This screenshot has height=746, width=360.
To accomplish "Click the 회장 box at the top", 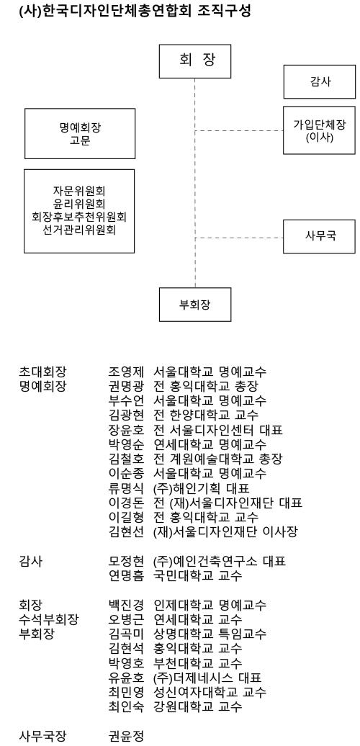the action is point(195,61).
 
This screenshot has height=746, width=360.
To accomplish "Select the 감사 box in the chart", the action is point(319,82).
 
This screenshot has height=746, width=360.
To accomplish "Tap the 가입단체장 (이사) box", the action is point(319,130).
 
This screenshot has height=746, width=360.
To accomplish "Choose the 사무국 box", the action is point(319,236).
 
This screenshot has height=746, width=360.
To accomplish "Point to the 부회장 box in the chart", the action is point(195,305).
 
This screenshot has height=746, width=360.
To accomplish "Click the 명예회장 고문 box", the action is point(80,134).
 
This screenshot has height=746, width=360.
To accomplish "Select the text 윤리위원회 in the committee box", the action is point(79,204).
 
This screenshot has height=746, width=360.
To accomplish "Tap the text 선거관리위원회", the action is point(79,230).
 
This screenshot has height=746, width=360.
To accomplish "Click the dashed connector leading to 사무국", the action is point(239,237).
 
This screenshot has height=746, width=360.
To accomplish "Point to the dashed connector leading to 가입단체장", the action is point(239,130).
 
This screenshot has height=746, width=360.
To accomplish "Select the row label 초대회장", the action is point(42,372).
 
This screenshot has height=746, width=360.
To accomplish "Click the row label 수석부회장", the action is point(49,620).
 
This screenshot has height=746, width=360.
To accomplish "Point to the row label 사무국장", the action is point(42,737).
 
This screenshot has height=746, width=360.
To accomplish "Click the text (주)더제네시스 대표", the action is point(207,678).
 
